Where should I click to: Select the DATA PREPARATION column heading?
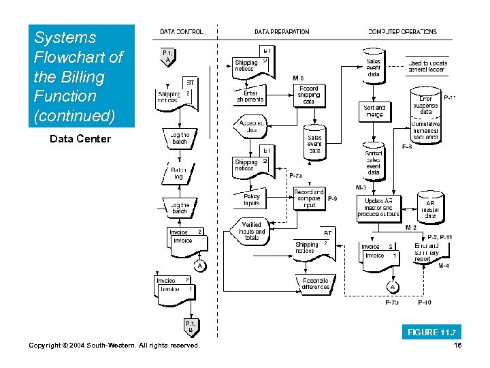tap(282, 31)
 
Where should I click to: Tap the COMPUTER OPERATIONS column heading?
tap(402, 31)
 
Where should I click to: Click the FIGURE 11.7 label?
tap(432, 332)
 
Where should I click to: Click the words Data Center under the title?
tap(80, 139)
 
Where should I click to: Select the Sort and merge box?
tap(374, 111)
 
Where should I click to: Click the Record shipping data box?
tap(308, 95)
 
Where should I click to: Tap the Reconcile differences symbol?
tap(316, 283)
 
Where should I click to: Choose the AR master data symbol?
tap(430, 209)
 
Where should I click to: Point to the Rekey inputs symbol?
tap(252, 200)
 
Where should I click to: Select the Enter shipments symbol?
tap(250, 96)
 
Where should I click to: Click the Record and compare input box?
tap(309, 198)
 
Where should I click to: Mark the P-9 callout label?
tap(333, 199)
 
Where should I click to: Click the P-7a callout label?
tap(296, 175)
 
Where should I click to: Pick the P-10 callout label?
tap(424, 302)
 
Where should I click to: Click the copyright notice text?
tap(114, 346)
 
